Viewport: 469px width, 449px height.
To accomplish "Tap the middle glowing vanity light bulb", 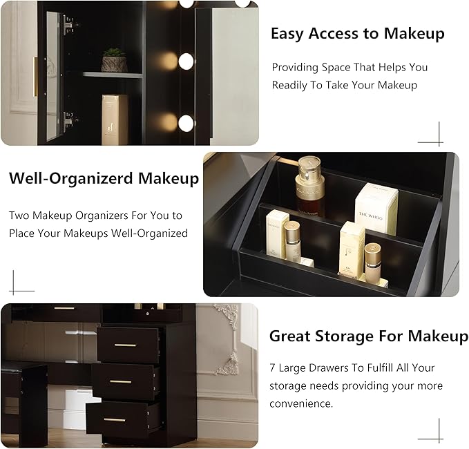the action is click(x=186, y=61).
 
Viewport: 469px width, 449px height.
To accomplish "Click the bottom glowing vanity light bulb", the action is click(x=186, y=123).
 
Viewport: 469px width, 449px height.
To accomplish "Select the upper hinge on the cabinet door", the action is click(x=68, y=25).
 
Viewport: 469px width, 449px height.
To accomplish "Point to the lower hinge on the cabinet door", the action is click(x=68, y=120).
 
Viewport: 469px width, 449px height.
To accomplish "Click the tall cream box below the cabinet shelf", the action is click(x=115, y=120).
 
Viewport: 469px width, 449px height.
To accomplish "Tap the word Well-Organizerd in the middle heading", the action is click(x=71, y=179).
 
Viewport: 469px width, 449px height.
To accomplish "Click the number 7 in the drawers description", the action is click(x=272, y=367).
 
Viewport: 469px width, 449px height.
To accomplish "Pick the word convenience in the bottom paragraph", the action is click(x=300, y=403).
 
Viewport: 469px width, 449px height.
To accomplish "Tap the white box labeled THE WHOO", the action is click(x=376, y=209).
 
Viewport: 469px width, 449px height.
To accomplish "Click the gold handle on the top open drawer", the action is click(x=125, y=345).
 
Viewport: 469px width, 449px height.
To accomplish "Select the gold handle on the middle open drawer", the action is click(x=121, y=382).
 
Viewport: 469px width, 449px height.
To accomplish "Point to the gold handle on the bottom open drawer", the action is click(x=115, y=420).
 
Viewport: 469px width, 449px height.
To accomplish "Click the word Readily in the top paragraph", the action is click(x=289, y=85).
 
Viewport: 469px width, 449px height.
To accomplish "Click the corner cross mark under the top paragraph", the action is click(x=439, y=142).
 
